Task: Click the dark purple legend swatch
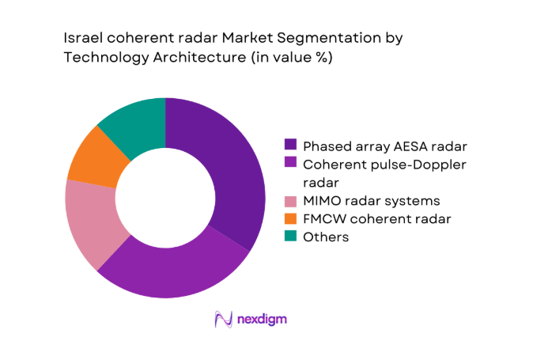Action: (290, 145)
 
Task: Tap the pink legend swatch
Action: (290, 201)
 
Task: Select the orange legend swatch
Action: (290, 218)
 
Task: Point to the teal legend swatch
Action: (290, 237)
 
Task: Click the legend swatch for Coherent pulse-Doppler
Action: (290, 164)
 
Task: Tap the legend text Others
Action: (327, 237)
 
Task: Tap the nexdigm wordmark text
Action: (262, 320)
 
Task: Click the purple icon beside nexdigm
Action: (223, 319)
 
